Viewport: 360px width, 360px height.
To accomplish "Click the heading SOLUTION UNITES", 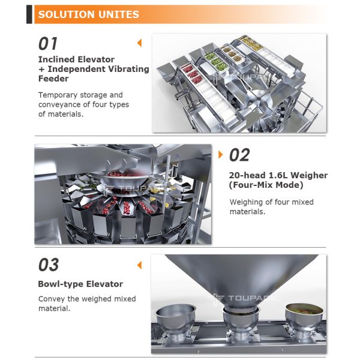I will pos(88,14).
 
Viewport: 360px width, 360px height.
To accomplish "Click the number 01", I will pos(49,44).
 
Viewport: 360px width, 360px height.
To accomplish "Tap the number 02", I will pos(239,155).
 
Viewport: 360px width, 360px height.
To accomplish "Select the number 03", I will pos(49,265).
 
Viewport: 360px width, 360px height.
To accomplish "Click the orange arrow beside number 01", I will pos(140,43).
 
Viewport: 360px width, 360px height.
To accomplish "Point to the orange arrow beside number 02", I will pos(221,155).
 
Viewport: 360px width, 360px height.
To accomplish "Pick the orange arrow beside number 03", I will pos(140,265).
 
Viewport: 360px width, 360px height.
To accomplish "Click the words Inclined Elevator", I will pos(76,59).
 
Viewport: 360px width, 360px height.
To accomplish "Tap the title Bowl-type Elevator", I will pos(80,284).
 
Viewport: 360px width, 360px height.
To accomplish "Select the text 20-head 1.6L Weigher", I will pos(278,175).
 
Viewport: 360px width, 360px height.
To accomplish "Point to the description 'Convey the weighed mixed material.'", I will pos(87,304).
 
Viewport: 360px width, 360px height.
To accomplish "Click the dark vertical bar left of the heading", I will pos(29,14).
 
